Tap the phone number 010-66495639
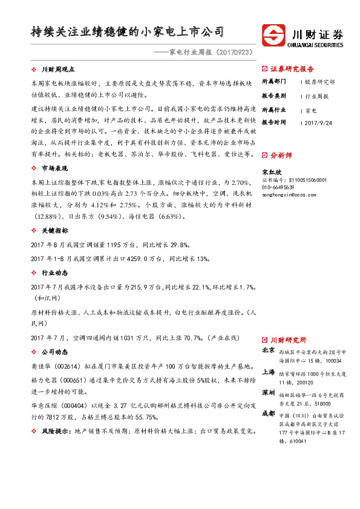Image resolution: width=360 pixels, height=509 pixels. click(x=281, y=187)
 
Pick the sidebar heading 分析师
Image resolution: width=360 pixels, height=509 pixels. click(x=281, y=155)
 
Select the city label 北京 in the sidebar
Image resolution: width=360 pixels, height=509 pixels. click(x=269, y=350)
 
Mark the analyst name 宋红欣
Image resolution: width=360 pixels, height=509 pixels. click(x=271, y=172)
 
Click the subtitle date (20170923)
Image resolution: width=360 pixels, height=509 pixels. click(x=231, y=53)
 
